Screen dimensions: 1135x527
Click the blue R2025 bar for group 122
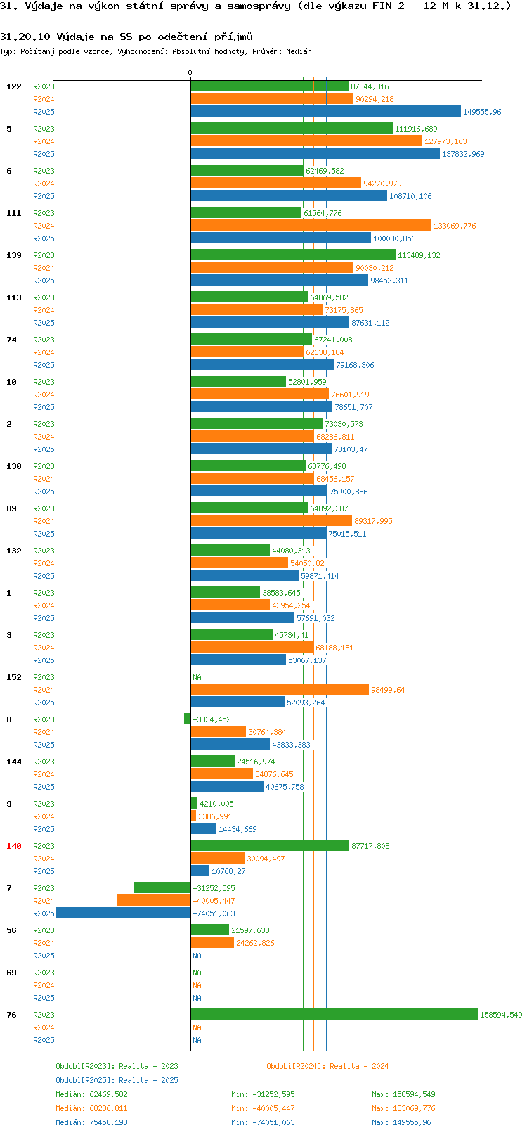coord(325,112)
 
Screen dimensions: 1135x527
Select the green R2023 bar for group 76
coord(334,1015)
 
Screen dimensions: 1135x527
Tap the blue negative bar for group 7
coord(123,913)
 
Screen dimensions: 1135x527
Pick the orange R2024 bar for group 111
coord(311,226)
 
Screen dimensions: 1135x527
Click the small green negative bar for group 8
coord(187,719)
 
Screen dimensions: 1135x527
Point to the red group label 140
coord(14,846)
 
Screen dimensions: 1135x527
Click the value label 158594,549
coord(501,1015)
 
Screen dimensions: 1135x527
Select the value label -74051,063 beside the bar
coord(214,913)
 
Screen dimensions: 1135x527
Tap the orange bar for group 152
coord(280,690)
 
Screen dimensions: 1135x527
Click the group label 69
coord(11,973)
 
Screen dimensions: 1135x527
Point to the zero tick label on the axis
coord(190,73)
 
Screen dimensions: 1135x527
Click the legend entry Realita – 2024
coord(327,1066)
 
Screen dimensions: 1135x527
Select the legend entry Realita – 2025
coord(117,1080)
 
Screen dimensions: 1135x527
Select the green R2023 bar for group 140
coord(270,846)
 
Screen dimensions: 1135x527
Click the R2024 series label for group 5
coord(44,141)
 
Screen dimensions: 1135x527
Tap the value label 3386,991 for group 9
coord(215,816)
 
